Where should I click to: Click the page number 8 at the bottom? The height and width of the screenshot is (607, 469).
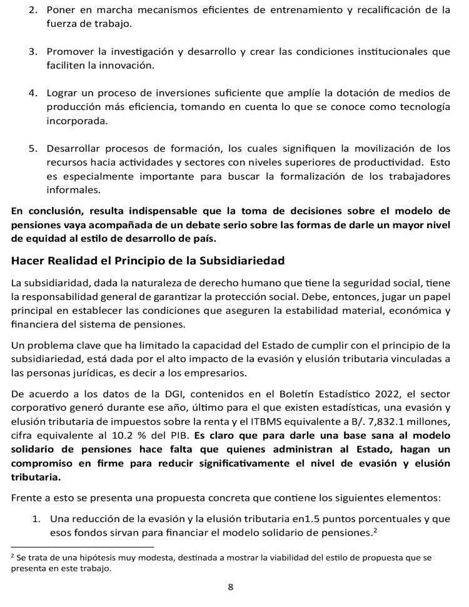230,587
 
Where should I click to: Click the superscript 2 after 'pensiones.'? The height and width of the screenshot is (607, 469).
375,529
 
